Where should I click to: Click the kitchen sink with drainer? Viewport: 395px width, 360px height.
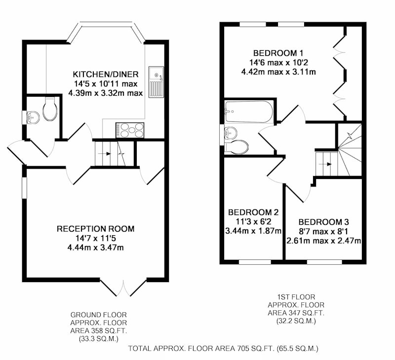[x=156, y=82]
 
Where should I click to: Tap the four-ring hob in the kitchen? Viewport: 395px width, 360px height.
[x=130, y=130]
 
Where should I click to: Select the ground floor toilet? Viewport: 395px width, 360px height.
[x=50, y=108]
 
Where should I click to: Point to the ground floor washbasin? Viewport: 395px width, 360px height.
[x=33, y=117]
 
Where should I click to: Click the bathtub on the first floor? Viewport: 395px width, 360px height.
[x=249, y=112]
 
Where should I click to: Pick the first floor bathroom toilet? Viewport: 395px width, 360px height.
[x=237, y=147]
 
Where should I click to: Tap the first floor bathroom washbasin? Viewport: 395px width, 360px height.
[x=231, y=132]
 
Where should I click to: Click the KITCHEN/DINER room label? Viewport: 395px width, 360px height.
[x=106, y=74]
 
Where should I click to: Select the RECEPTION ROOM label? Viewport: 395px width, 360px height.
[x=95, y=229]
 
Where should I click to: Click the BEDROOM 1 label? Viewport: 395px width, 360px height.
[x=278, y=53]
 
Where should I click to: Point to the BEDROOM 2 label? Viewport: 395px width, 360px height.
[x=253, y=212]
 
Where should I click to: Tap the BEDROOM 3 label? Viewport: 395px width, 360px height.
[x=324, y=222]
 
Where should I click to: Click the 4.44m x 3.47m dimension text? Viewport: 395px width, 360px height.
[x=95, y=248]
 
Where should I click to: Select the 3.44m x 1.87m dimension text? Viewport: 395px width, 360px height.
[x=253, y=231]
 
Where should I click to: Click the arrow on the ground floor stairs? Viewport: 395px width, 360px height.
[x=105, y=153]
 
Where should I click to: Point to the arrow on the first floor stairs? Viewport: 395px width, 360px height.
[x=325, y=164]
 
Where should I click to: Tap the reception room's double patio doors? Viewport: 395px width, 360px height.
[x=123, y=287]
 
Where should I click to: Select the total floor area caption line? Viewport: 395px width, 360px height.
[x=223, y=349]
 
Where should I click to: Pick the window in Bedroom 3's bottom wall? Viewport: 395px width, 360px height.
[x=324, y=262]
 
